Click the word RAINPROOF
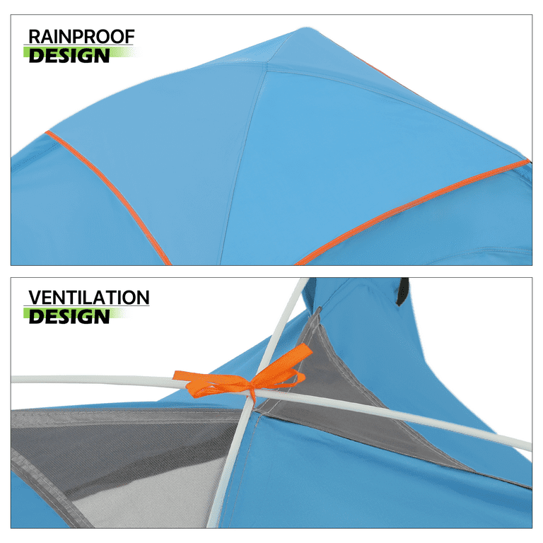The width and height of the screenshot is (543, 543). [x=81, y=36]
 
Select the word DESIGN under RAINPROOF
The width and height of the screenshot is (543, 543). [x=69, y=55]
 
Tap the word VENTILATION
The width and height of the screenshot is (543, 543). [x=89, y=298]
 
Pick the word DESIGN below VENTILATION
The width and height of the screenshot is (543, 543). [x=69, y=317]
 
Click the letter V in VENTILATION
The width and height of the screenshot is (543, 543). [x=35, y=298]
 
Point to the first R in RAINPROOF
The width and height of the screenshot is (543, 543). [x=34, y=37]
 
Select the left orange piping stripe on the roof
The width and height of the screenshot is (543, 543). [x=108, y=198]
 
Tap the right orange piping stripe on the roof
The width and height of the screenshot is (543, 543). [x=412, y=212]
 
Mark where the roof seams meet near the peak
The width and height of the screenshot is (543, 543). [x=267, y=64]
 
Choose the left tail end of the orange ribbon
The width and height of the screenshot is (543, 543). [x=177, y=375]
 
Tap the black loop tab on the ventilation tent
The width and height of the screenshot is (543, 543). [x=402, y=291]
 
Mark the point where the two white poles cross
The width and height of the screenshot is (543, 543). [x=250, y=395]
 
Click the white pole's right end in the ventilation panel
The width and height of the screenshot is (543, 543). [x=529, y=446]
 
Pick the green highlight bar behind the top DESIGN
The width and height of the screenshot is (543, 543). [x=81, y=52]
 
